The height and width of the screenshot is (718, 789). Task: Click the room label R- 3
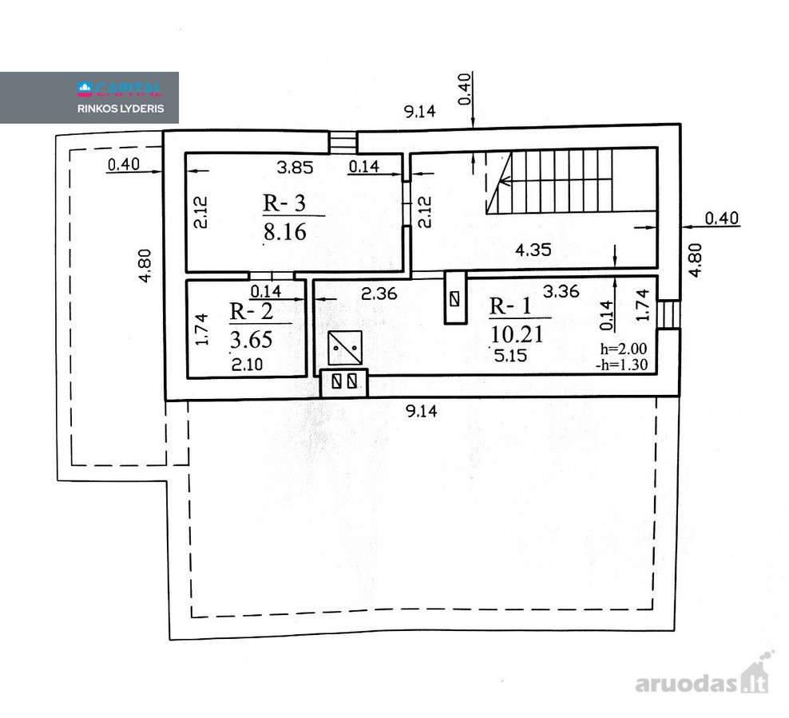tap(284, 203)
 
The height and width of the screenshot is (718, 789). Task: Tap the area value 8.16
tap(285, 232)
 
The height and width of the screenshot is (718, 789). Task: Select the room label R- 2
tap(251, 311)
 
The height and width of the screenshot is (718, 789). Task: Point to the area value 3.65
tap(251, 339)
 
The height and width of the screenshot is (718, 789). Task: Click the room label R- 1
tap(510, 306)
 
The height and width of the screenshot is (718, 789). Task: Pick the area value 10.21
tap(517, 334)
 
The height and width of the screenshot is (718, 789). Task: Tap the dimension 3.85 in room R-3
tap(295, 167)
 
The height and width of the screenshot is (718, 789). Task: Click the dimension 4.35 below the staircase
tap(533, 250)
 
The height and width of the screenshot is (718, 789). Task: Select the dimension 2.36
tap(379, 293)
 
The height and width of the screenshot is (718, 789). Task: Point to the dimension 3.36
tap(561, 291)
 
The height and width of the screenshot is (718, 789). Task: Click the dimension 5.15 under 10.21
tap(510, 356)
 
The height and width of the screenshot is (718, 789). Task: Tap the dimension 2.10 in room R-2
tap(247, 364)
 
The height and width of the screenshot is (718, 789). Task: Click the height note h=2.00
tap(624, 349)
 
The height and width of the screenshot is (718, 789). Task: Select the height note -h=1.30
tap(621, 365)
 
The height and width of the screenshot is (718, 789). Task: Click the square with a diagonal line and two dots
tap(345, 348)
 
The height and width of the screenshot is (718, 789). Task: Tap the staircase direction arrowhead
tap(506, 182)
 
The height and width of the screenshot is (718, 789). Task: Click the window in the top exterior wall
tap(343, 141)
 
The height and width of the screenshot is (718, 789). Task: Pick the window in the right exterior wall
tap(668, 314)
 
